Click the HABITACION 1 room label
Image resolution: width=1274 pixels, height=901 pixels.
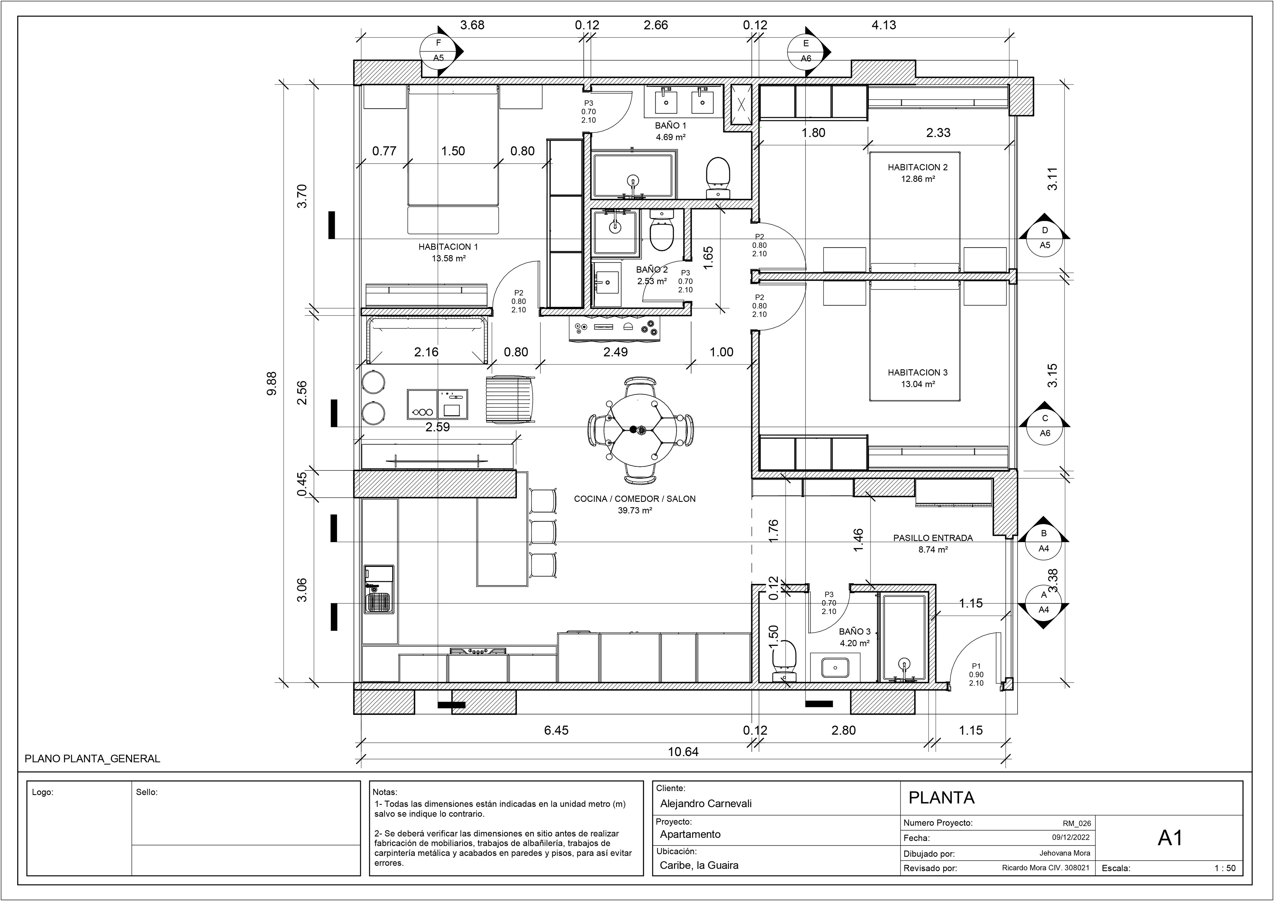pos(448,247)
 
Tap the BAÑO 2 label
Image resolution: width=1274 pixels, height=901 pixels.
pos(652,270)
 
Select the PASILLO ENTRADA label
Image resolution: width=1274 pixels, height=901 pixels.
pos(933,538)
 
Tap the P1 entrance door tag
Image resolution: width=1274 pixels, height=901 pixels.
pos(976,666)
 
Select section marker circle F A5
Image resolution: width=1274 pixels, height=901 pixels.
pos(438,50)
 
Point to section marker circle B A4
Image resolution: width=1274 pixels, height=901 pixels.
pos(1044,541)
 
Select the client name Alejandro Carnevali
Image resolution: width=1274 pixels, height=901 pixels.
pos(706,803)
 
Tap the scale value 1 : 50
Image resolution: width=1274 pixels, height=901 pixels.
pos(1225,868)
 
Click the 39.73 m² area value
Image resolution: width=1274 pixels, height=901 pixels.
pos(635,511)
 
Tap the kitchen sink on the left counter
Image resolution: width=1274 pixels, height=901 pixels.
pos(380,602)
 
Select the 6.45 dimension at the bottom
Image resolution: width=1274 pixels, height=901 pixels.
pos(556,730)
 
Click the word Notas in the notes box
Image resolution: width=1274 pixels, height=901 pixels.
pos(385,792)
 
